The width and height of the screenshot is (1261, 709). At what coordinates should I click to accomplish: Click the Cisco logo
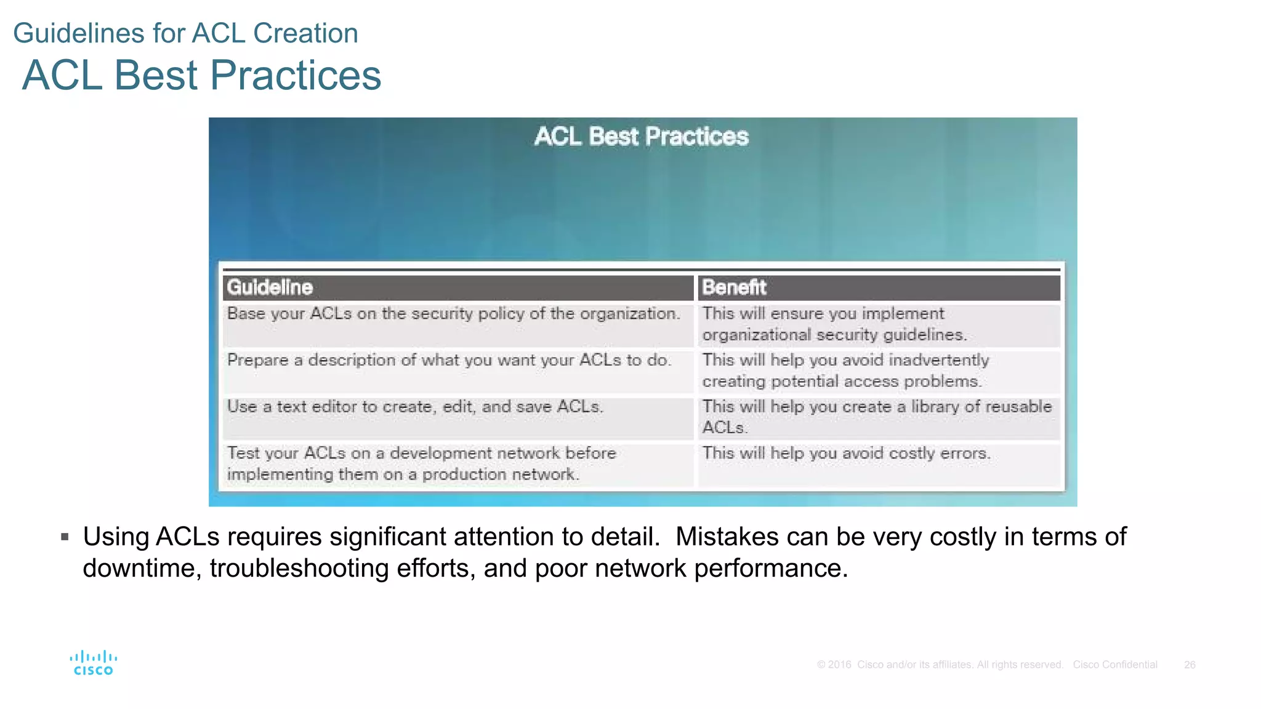click(93, 663)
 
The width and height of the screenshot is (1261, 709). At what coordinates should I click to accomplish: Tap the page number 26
click(1190, 665)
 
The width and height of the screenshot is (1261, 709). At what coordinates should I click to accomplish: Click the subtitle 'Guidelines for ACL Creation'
click(185, 33)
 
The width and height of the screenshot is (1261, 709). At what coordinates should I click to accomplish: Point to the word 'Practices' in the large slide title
click(296, 75)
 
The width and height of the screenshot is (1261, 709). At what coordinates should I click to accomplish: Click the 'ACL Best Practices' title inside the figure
click(641, 137)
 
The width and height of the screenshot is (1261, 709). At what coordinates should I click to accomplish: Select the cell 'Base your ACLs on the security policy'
click(454, 314)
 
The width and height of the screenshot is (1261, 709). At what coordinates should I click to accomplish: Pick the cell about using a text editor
click(415, 407)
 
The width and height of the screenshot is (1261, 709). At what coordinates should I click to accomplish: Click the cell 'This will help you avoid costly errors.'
click(846, 454)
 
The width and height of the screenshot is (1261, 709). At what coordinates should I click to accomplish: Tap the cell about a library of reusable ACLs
click(877, 417)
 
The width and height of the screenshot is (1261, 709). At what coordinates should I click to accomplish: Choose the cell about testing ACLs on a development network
click(421, 463)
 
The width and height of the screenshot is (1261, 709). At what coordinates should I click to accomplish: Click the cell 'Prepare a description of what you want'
click(449, 360)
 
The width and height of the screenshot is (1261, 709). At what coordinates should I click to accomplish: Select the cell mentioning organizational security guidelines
click(834, 324)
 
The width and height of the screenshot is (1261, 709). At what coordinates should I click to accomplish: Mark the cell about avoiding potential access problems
click(845, 371)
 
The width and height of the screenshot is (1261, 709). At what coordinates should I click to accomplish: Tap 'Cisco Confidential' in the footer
click(1114, 665)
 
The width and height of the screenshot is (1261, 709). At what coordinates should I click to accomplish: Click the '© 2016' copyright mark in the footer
click(834, 665)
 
